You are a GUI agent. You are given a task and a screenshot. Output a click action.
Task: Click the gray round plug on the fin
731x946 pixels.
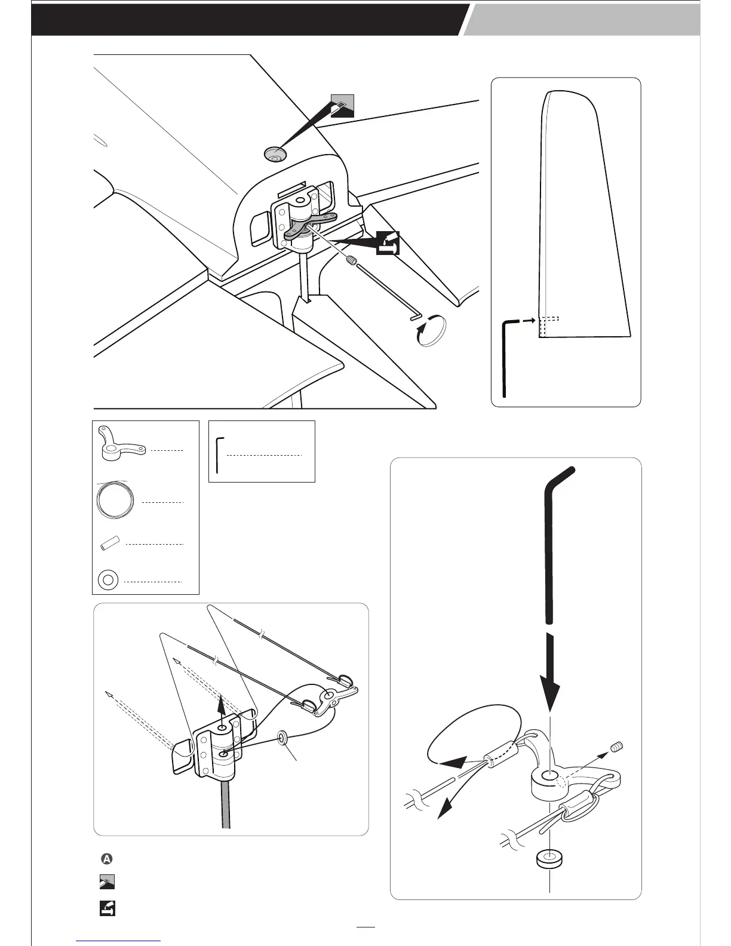coord(275,154)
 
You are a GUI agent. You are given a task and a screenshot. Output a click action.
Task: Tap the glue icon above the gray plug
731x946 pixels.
coord(342,106)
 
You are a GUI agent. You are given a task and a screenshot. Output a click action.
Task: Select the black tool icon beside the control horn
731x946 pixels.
coord(388,244)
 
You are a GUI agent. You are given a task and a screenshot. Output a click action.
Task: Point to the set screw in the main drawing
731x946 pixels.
coord(352,260)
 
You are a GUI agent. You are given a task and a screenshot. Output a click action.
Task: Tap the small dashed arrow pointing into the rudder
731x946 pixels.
coord(526,321)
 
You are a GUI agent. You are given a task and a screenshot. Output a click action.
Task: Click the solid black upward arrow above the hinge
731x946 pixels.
coord(223,708)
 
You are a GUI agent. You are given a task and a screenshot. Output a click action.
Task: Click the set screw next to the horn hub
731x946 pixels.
coord(617,747)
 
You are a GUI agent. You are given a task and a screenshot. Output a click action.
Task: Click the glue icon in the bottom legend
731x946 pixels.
coord(107,883)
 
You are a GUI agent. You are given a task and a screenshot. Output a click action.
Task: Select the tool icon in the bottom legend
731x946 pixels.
coord(107,908)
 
